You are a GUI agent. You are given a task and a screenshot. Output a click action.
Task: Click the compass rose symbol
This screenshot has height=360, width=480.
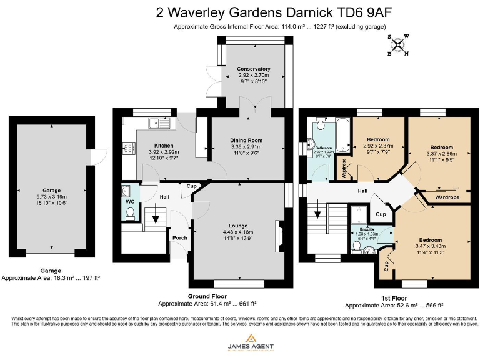(x=399, y=44)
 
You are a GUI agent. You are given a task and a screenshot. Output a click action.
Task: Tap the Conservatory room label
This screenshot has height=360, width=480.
(x=253, y=69)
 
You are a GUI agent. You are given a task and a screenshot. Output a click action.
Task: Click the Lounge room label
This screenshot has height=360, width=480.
(x=237, y=226)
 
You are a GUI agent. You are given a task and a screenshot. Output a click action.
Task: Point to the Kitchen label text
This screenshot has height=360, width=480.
(x=155, y=145)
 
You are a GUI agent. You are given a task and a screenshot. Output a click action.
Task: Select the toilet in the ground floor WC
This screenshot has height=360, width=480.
(x=130, y=214)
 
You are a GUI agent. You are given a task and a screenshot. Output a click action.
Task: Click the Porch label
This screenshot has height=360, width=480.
(x=180, y=237)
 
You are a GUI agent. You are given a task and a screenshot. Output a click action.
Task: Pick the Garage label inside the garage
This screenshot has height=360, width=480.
(x=51, y=190)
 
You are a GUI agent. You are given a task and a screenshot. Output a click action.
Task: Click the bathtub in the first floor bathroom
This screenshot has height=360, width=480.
(x=343, y=131)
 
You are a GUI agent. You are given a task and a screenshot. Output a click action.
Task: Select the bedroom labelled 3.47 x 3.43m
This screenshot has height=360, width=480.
(x=431, y=240)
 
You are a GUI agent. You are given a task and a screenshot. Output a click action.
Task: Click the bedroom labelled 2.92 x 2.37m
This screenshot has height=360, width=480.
(x=378, y=139)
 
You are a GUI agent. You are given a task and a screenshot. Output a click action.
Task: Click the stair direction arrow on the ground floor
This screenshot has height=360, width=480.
(x=156, y=219)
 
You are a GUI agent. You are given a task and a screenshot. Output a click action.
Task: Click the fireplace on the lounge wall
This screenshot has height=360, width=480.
(x=279, y=237)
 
